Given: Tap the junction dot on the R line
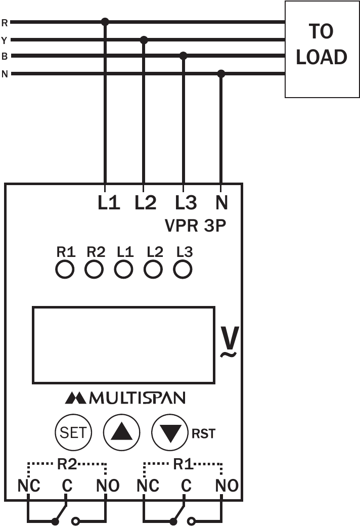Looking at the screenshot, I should (105, 22).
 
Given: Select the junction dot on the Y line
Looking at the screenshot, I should (144, 39).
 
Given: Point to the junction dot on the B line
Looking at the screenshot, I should (184, 56).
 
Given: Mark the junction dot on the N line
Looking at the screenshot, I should (221, 74).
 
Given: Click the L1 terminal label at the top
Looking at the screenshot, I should (109, 203).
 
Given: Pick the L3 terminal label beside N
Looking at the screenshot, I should (186, 203).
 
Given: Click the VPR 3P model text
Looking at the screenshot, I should (196, 226).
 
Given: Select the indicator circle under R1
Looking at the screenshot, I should (65, 270).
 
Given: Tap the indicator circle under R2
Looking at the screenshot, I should (94, 270).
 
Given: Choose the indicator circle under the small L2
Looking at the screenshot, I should (154, 270).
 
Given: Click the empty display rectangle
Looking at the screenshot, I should (123, 344).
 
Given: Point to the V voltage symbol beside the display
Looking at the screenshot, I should (229, 342).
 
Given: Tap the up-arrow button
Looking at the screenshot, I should (121, 432).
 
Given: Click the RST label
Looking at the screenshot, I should (203, 434).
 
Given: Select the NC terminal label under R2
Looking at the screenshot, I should (29, 486).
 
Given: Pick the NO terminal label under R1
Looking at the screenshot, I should (227, 486).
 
